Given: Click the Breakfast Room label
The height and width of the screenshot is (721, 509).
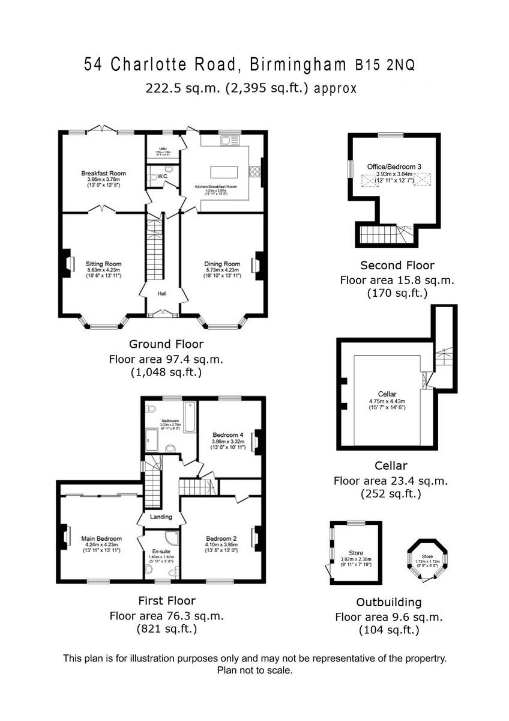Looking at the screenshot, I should pos(103,174).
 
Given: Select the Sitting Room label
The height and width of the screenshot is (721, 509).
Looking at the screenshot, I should pos(103,264).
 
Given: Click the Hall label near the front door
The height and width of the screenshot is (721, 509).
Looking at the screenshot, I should pos(162,294).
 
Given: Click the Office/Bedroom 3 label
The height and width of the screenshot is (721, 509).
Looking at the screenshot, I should pos(394,166).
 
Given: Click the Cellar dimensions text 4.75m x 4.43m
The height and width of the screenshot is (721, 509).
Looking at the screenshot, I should pos(387,401).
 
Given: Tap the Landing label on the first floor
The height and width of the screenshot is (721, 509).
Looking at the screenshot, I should pos(161,517).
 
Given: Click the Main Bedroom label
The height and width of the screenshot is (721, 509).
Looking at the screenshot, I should pos(101,538).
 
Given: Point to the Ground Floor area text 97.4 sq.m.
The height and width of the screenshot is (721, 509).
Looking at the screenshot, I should pos(166,359).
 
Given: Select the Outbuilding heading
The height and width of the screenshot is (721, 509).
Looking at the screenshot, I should pos(389,602).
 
